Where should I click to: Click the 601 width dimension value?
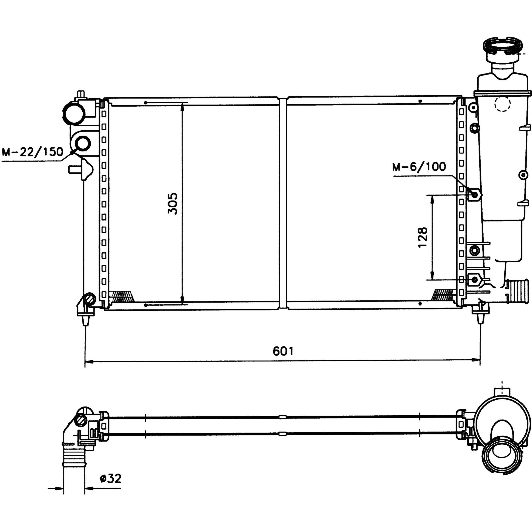[x=283, y=351]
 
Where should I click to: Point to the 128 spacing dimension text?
[x=423, y=238]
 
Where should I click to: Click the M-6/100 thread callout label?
[x=419, y=167]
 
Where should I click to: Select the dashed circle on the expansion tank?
[x=502, y=104]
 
